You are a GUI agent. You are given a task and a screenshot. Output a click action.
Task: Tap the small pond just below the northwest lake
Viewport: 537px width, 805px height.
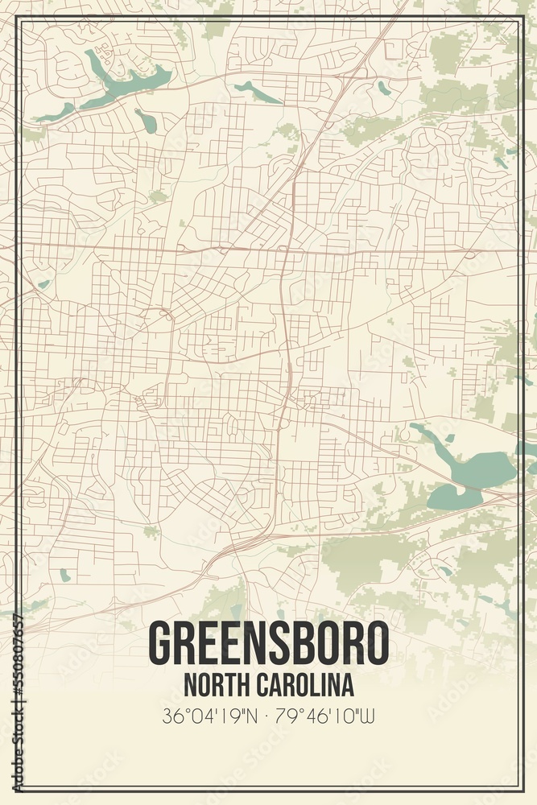click(x=146, y=121)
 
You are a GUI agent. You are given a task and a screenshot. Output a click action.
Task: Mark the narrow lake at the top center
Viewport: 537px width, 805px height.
click(x=256, y=92)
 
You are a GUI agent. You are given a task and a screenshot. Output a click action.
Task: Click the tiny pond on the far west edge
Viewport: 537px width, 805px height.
click(x=43, y=284)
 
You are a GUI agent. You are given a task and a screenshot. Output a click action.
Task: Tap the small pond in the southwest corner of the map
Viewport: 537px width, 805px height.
click(x=64, y=575)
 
